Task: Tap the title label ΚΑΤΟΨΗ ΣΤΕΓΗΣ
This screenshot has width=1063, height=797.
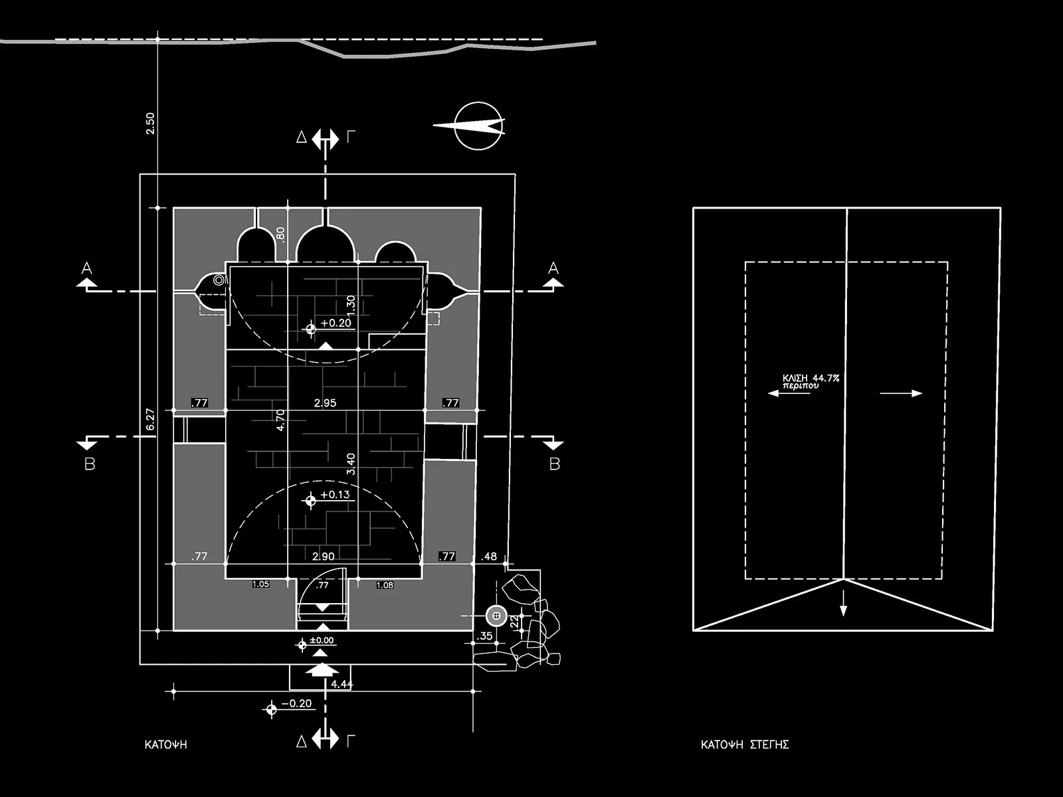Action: point(745,745)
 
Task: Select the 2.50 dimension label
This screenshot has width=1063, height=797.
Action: point(150,124)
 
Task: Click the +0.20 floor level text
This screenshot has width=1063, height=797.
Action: point(336,323)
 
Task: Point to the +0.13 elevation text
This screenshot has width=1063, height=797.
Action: point(335,495)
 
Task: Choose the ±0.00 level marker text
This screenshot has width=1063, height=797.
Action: point(322,641)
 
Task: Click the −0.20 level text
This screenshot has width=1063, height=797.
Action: point(296,703)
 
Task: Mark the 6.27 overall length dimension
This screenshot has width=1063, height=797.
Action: point(150,419)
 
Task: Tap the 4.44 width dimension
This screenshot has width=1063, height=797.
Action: point(341,684)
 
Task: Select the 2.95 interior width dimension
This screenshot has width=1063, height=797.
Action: point(325,402)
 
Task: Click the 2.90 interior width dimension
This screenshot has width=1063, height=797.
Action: point(323,557)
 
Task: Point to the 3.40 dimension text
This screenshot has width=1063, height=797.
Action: point(351,464)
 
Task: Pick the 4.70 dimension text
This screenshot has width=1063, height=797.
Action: point(280,420)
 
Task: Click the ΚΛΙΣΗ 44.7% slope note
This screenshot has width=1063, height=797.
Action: point(811,379)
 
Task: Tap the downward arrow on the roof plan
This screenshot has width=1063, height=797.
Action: point(843,605)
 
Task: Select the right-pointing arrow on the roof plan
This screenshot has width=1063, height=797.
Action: point(902,393)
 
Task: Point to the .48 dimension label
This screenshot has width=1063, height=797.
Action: point(489,557)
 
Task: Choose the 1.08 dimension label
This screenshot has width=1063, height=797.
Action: point(385,585)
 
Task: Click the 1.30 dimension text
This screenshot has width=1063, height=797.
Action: point(351,304)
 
